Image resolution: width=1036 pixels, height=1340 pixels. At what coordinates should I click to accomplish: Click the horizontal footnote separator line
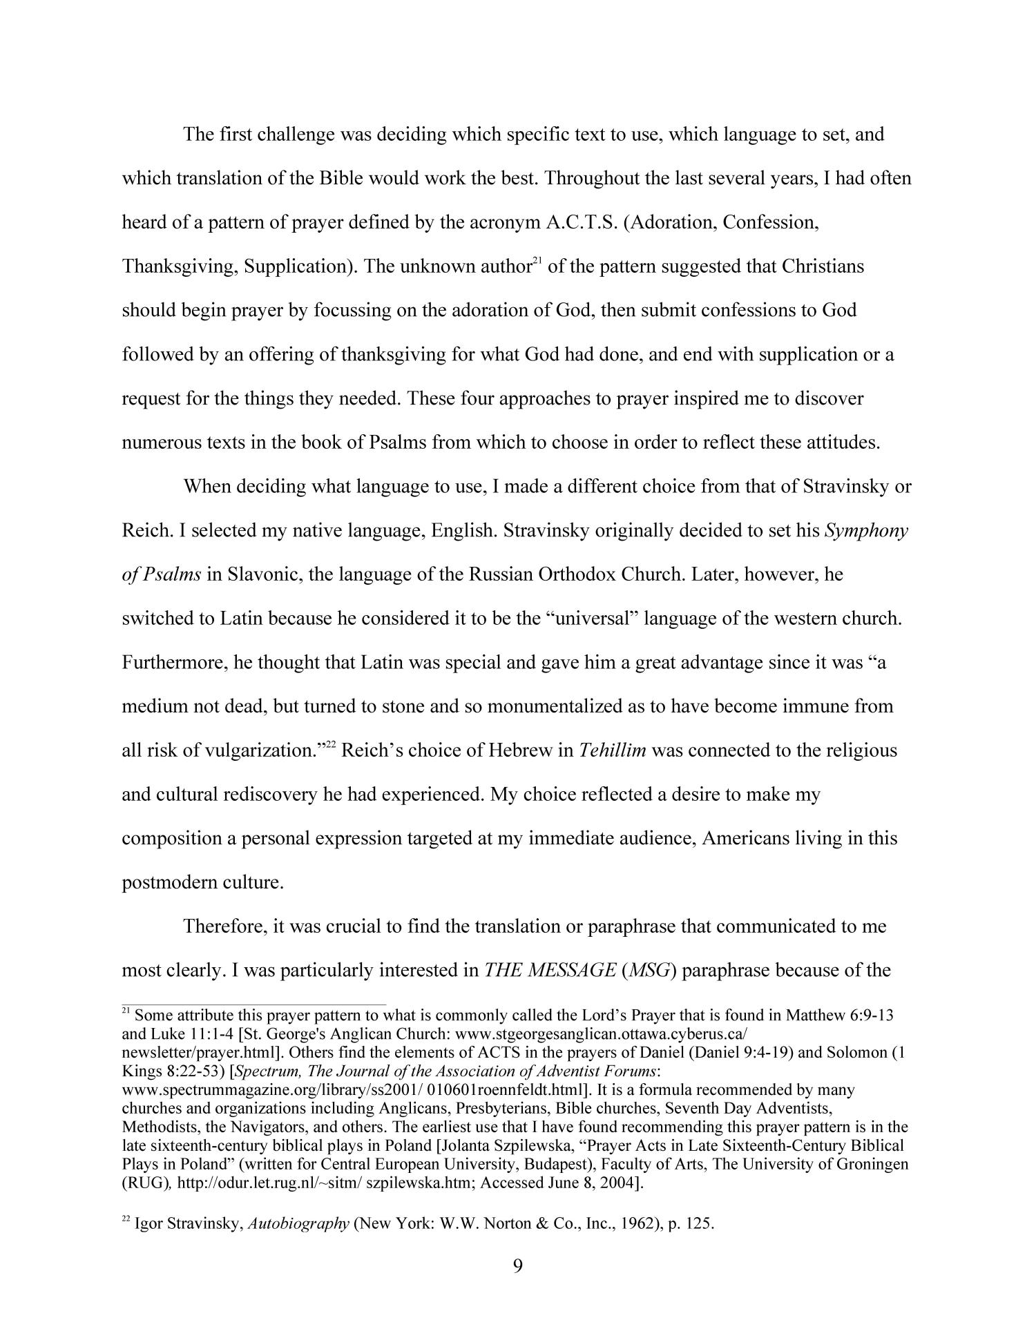point(253,1004)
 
